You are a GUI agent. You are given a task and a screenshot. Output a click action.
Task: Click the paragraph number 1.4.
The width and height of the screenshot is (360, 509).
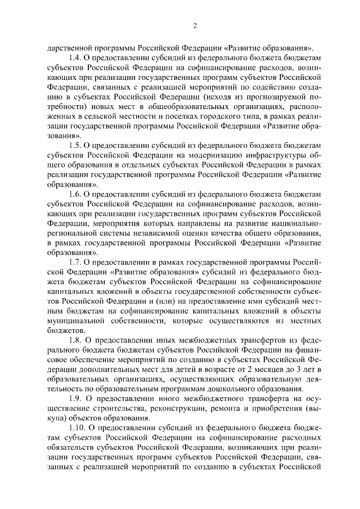(74, 58)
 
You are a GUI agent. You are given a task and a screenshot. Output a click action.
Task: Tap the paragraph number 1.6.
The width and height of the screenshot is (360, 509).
(74, 194)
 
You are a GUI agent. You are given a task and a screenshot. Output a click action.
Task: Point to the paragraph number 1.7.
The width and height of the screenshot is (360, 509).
(74, 263)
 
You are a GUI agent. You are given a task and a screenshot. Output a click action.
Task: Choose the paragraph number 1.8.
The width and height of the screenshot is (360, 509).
(74, 340)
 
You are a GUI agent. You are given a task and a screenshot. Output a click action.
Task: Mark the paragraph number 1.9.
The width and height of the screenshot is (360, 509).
(74, 398)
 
